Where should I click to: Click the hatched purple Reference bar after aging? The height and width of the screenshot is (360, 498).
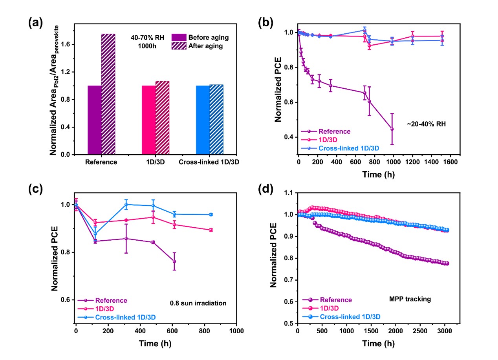click(x=108, y=94)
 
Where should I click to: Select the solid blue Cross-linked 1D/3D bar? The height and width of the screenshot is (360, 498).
click(x=202, y=120)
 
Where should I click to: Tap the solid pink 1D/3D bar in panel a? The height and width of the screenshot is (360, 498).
click(x=148, y=120)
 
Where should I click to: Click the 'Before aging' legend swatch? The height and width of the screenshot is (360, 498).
click(x=179, y=38)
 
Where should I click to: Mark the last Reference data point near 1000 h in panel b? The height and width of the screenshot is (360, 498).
click(x=392, y=129)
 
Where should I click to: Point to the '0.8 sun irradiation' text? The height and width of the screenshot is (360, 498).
click(x=192, y=303)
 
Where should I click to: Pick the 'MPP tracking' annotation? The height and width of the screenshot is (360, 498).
click(x=407, y=299)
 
